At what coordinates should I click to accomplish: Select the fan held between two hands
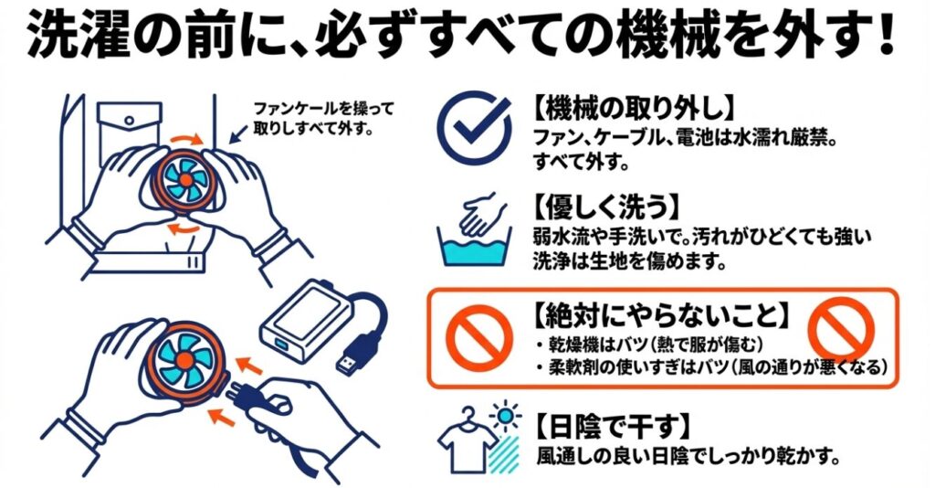(x=182, y=181)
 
